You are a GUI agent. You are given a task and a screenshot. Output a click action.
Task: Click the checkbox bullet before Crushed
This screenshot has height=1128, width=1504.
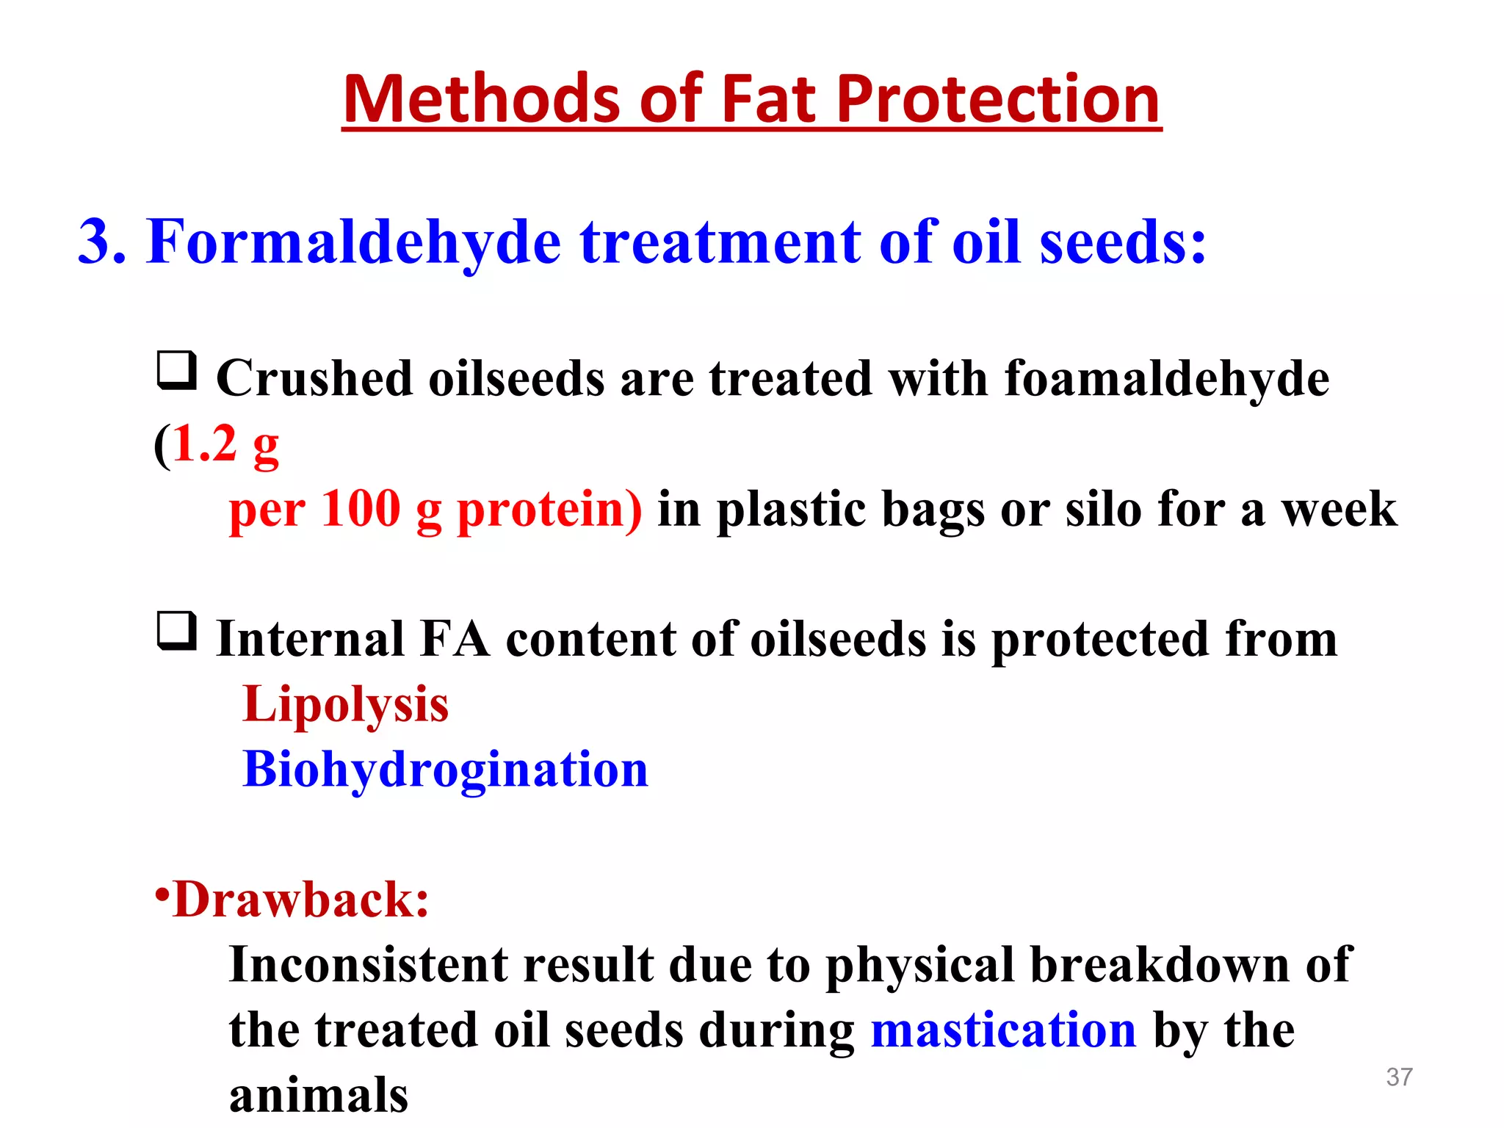coord(177,370)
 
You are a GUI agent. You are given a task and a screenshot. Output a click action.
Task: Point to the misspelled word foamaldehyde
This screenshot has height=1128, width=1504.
coord(1166,380)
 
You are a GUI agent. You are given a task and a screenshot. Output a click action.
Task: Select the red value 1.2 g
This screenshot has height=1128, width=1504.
coord(225,445)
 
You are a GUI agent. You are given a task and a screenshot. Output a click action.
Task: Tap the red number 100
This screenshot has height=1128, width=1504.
coord(361,508)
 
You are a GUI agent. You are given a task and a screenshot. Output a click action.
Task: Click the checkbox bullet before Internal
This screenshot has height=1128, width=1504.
coord(177,631)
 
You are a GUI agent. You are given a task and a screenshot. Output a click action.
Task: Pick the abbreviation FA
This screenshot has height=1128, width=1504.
coord(455,639)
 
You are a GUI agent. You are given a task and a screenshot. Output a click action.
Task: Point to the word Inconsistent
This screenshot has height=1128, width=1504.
coord(368,965)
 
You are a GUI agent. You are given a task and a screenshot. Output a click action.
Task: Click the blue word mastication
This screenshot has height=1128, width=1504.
coord(1003,1030)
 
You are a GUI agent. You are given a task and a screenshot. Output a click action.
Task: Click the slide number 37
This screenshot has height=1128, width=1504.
coord(1399,1077)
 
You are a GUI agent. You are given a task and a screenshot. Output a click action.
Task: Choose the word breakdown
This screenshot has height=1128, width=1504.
coord(1159,965)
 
